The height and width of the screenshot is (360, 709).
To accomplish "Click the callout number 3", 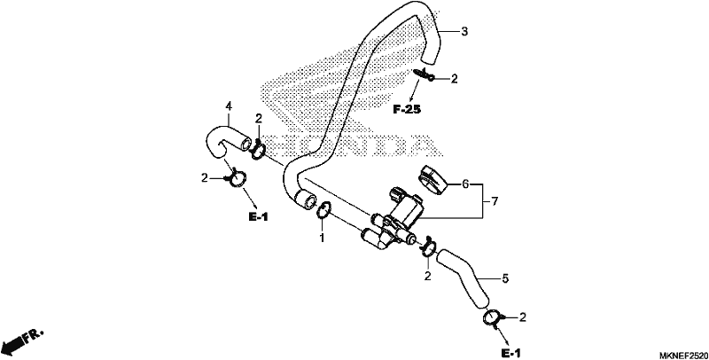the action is (x=464, y=32).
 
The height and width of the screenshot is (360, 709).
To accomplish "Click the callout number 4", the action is (x=229, y=106).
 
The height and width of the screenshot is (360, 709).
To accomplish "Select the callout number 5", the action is (x=505, y=279).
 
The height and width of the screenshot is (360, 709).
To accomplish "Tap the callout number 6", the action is (x=465, y=184).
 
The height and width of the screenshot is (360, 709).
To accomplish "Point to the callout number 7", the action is (x=495, y=201).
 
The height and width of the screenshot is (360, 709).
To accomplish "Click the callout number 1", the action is (x=323, y=238).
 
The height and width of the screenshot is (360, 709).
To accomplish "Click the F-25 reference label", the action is (x=407, y=109).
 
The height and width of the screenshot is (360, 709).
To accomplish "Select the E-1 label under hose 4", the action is (x=258, y=217).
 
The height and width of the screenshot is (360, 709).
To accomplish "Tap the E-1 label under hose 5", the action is (x=511, y=352).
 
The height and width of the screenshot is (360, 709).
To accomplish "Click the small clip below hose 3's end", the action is (x=424, y=74).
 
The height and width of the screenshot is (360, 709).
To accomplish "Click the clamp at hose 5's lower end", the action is (x=493, y=319).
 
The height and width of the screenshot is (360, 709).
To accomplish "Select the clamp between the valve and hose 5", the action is (x=428, y=247).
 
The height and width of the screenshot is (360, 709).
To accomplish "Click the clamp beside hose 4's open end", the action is (x=258, y=150).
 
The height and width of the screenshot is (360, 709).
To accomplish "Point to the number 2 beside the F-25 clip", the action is (x=454, y=79).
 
